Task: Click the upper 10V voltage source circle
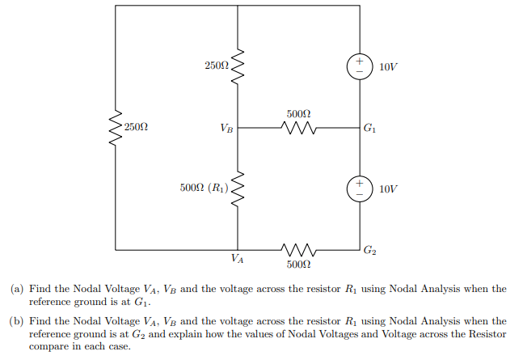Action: coord(359,66)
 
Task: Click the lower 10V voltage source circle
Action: coord(359,188)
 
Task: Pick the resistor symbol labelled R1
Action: coord(238,188)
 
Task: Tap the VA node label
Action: coord(237,260)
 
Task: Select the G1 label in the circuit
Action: coord(369,128)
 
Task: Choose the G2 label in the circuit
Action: coord(369,250)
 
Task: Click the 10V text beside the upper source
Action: coord(388,66)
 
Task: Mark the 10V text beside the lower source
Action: coord(388,188)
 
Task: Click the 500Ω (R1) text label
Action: coord(205,188)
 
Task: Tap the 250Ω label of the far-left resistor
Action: coord(137,128)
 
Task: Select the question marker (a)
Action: coord(17,289)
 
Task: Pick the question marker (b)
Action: coord(17,321)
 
